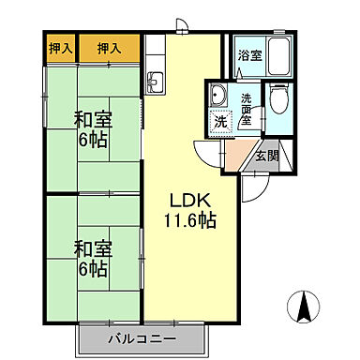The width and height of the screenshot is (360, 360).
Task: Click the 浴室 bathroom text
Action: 248,55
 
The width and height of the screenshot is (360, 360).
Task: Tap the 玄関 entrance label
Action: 265,156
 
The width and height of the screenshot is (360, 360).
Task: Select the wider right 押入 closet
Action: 109,47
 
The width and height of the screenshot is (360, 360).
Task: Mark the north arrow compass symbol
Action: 304,307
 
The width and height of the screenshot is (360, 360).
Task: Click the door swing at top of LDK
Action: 184,29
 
